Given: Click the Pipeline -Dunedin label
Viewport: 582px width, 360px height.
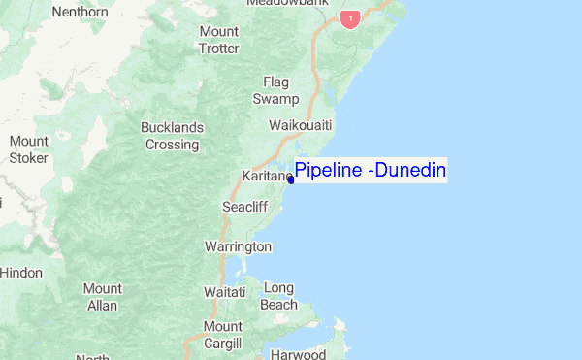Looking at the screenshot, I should pyautogui.click(x=370, y=172).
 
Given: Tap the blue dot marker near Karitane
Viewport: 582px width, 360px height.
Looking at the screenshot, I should pyautogui.click(x=291, y=180).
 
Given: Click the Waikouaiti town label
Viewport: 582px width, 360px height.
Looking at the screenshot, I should pyautogui.click(x=301, y=126).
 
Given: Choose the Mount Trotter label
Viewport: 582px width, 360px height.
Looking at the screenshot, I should pyautogui.click(x=218, y=40).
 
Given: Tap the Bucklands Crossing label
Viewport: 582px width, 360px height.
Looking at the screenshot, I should pyautogui.click(x=172, y=136).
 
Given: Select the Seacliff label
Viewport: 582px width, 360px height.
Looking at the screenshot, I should pyautogui.click(x=242, y=207).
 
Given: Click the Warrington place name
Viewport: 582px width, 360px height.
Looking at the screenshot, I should pyautogui.click(x=238, y=246).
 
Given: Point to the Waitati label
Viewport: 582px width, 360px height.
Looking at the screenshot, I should pyautogui.click(x=224, y=291).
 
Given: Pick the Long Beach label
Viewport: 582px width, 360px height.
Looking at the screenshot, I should pyautogui.click(x=278, y=296).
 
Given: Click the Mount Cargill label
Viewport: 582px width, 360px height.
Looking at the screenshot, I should pyautogui.click(x=222, y=333).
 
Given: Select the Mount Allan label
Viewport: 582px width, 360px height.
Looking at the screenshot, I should pyautogui.click(x=103, y=297).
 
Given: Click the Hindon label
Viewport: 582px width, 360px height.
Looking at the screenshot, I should pyautogui.click(x=20, y=273).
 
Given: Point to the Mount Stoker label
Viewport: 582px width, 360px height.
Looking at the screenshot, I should pyautogui.click(x=28, y=149).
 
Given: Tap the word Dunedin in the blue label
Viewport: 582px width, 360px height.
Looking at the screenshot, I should pyautogui.click(x=412, y=172).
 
